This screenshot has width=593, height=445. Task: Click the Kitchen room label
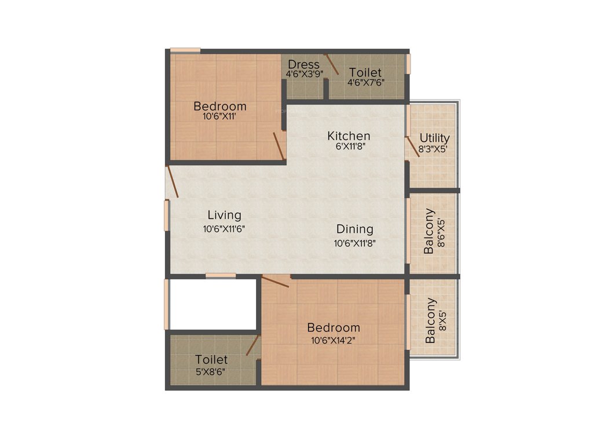click(x=349, y=136)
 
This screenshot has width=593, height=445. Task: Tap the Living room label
click(x=224, y=216)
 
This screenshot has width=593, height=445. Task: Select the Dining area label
click(x=355, y=229)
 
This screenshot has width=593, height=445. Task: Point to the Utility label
click(x=434, y=138)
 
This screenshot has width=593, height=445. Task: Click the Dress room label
click(x=303, y=64)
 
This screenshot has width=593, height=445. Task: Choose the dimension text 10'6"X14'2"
click(x=333, y=340)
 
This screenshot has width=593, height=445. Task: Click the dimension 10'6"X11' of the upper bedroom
click(x=219, y=116)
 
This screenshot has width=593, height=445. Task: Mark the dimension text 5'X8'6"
click(x=211, y=371)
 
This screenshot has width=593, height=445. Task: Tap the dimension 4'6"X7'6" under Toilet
click(x=365, y=82)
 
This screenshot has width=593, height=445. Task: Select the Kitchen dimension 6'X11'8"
click(x=349, y=147)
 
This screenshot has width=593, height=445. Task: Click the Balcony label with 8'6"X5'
click(x=429, y=231)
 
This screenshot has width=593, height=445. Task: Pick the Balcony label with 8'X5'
click(x=430, y=320)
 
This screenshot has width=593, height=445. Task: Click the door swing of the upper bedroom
click(x=279, y=145)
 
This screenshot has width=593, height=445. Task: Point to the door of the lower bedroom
click(x=276, y=282)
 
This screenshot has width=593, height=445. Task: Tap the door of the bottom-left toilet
click(x=252, y=345)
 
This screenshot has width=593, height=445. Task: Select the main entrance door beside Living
click(x=172, y=182)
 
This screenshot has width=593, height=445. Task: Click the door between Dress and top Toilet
click(x=331, y=63)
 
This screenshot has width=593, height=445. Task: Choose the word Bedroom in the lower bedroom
click(x=333, y=327)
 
